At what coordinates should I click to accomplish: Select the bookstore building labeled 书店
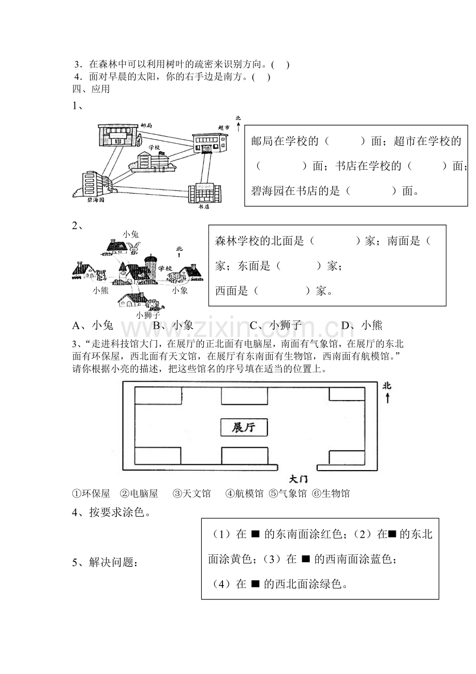(x=204, y=193)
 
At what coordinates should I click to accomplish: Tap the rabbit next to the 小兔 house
(x=133, y=247)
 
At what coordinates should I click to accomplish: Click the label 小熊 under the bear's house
(x=100, y=290)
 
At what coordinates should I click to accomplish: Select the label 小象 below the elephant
(x=180, y=290)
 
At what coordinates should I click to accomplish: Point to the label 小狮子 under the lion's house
(x=148, y=315)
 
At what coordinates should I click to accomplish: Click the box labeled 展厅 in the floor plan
(x=244, y=427)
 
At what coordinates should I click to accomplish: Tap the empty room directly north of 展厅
(x=244, y=395)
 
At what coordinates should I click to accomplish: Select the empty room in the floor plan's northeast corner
(x=347, y=394)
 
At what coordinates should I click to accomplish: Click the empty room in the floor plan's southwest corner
(x=158, y=456)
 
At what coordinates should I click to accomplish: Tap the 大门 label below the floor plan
(x=299, y=479)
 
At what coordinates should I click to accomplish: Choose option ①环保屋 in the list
(x=91, y=493)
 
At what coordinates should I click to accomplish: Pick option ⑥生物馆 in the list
(x=331, y=493)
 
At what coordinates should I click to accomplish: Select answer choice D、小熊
(x=362, y=325)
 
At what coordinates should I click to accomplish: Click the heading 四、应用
(x=91, y=89)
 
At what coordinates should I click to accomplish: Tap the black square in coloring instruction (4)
(x=255, y=584)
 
